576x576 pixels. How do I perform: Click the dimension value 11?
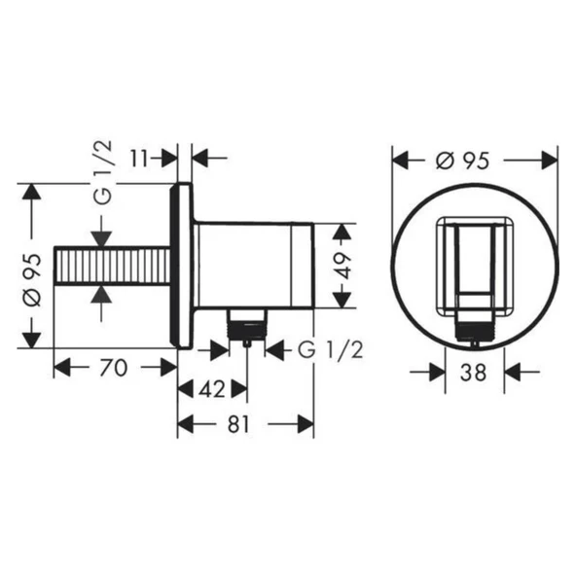[x=139, y=159]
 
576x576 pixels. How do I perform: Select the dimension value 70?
[x=113, y=368]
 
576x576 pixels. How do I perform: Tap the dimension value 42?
[x=212, y=389]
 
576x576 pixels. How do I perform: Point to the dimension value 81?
[x=238, y=424]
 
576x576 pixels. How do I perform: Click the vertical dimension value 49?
[x=342, y=266]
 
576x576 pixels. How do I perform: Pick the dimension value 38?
[x=474, y=373]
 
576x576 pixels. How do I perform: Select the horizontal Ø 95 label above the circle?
[x=463, y=161]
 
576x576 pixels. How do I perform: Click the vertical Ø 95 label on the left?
[x=32, y=280]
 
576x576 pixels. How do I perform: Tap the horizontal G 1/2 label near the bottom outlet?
[x=330, y=349]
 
